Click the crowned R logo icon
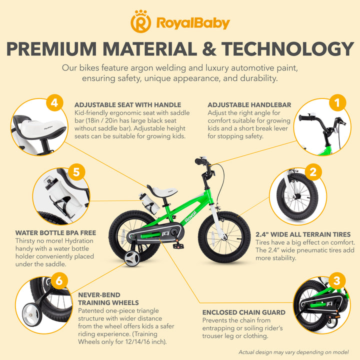tap(140, 21)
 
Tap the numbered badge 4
tap(54, 102)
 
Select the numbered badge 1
tap(337, 102)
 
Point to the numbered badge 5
tap(76, 172)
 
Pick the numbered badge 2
tap(313, 172)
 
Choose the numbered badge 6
tap(59, 280)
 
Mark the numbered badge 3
tap(337, 280)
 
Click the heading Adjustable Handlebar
tap(249, 105)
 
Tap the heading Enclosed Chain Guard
tap(244, 312)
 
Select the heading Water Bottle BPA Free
tap(56, 233)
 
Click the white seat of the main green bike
tap(163, 191)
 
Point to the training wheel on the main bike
tap(132, 258)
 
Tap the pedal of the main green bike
tap(178, 246)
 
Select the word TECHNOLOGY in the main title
tap(287, 49)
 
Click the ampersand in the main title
tap(209, 49)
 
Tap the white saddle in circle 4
tap(42, 129)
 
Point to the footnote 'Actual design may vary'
tap(293, 352)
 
